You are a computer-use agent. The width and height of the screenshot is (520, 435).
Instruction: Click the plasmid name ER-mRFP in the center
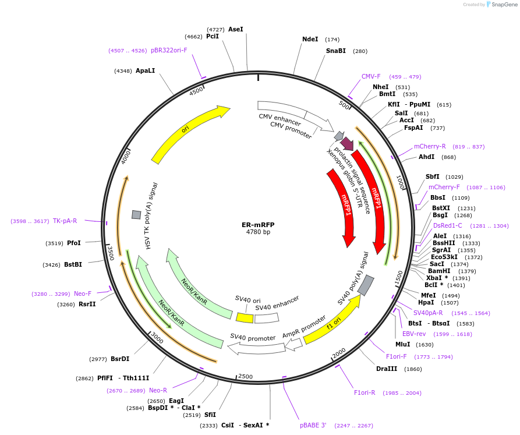pyautogui.click(x=258, y=224)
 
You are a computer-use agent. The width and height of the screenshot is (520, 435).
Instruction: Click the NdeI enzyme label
pyautogui.click(x=310, y=40)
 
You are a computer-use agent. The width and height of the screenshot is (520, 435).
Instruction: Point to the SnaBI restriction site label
pyautogui.click(x=335, y=51)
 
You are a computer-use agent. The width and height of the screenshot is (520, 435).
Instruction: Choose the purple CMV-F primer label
pyautogui.click(x=370, y=76)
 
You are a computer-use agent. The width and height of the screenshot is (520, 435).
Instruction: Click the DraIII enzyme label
pyautogui.click(x=386, y=369)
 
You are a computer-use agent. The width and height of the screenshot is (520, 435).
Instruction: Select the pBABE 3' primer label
pyautogui.click(x=313, y=426)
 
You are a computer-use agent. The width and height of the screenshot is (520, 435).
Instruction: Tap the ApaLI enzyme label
pyautogui.click(x=145, y=71)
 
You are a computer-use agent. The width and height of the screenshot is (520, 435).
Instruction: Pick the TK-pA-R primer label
pyautogui.click(x=65, y=221)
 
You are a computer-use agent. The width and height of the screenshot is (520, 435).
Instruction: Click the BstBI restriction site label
pyautogui.click(x=73, y=264)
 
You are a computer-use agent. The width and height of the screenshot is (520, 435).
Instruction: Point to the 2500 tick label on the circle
pyautogui.click(x=245, y=377)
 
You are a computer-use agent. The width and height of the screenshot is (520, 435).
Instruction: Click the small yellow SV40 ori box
pyautogui.click(x=245, y=317)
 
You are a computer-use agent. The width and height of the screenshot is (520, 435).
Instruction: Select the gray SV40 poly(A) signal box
pyautogui.click(x=365, y=285)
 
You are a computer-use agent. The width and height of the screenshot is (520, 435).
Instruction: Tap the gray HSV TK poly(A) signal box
pyautogui.click(x=136, y=214)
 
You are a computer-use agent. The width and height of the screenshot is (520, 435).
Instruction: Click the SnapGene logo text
pyautogui.click(x=504, y=5)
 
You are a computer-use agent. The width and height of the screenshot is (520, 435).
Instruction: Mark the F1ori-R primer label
pyautogui.click(x=365, y=392)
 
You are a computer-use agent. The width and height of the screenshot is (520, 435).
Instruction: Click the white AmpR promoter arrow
pyautogui.click(x=293, y=344)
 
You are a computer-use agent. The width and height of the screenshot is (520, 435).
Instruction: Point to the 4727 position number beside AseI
pyautogui.click(x=215, y=29)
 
